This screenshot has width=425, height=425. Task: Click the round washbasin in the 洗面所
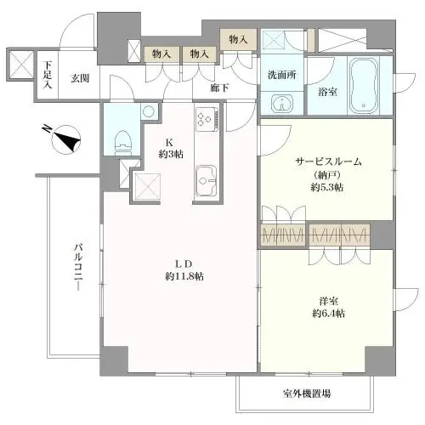tap(282, 104)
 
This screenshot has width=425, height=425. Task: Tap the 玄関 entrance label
tap(81, 78)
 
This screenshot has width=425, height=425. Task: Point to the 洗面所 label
tap(281, 74)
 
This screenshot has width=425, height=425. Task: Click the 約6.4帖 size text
tap(327, 313)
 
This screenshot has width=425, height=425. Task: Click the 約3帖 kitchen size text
tap(167, 154)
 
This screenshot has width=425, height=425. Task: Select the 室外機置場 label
tap(307, 394)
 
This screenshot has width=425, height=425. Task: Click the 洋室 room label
tap(327, 299)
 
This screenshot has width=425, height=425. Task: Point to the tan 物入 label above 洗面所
tap(238, 39)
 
